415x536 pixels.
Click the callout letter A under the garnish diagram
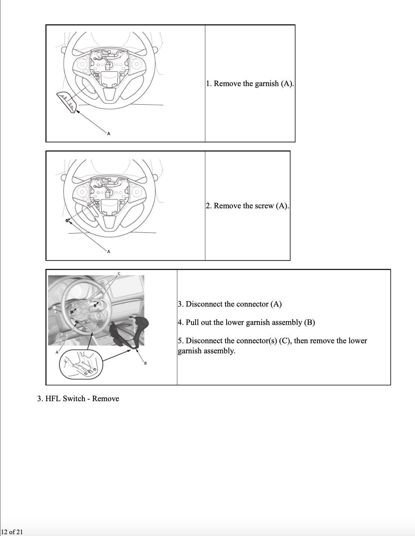pyautogui.click(x=108, y=134)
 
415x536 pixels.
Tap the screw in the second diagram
pyautogui.click(x=68, y=220)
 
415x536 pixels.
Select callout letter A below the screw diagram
pyautogui.click(x=108, y=252)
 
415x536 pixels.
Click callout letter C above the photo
pyautogui.click(x=119, y=274)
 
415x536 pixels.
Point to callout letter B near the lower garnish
pyautogui.click(x=145, y=363)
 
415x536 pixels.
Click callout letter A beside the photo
pyautogui.click(x=57, y=352)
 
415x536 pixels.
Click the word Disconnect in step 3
pyautogui.click(x=202, y=304)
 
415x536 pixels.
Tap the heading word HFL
pyautogui.click(x=53, y=398)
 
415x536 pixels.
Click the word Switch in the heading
pyautogui.click(x=74, y=398)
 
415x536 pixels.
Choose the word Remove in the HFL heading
pyautogui.click(x=105, y=398)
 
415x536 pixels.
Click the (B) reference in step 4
pyautogui.click(x=310, y=323)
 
